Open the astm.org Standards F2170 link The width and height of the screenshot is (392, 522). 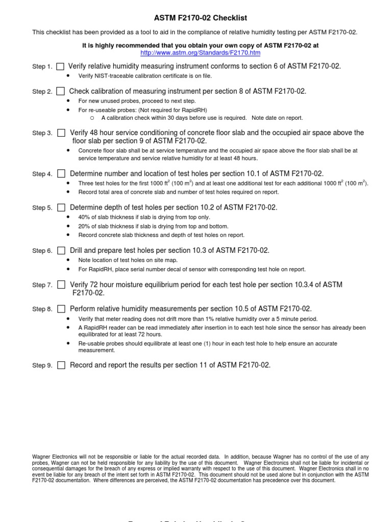[x=200, y=53]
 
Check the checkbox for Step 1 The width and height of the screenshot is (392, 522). [x=60, y=66]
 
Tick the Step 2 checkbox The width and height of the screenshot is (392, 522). [x=60, y=91]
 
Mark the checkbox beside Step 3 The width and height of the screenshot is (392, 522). [x=61, y=133]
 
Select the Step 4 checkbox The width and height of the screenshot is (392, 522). [x=61, y=174]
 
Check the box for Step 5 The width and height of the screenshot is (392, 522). [x=61, y=207]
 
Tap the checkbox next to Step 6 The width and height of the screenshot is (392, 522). [x=61, y=250]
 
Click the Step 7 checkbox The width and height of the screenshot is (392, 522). [x=61, y=284]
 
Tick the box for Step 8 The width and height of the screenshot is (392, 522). [x=61, y=309]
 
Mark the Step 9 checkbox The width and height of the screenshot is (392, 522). [x=61, y=365]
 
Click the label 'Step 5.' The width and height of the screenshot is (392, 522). [x=42, y=208]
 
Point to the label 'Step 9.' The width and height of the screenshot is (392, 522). [x=42, y=366]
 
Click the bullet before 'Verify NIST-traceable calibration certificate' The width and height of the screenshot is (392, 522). [x=69, y=76]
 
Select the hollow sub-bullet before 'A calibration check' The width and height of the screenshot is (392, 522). [x=92, y=118]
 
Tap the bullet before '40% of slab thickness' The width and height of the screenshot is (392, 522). [x=69, y=217]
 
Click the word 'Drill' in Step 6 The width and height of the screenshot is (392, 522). [x=78, y=250]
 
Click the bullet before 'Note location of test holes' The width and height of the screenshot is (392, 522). [x=69, y=260]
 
